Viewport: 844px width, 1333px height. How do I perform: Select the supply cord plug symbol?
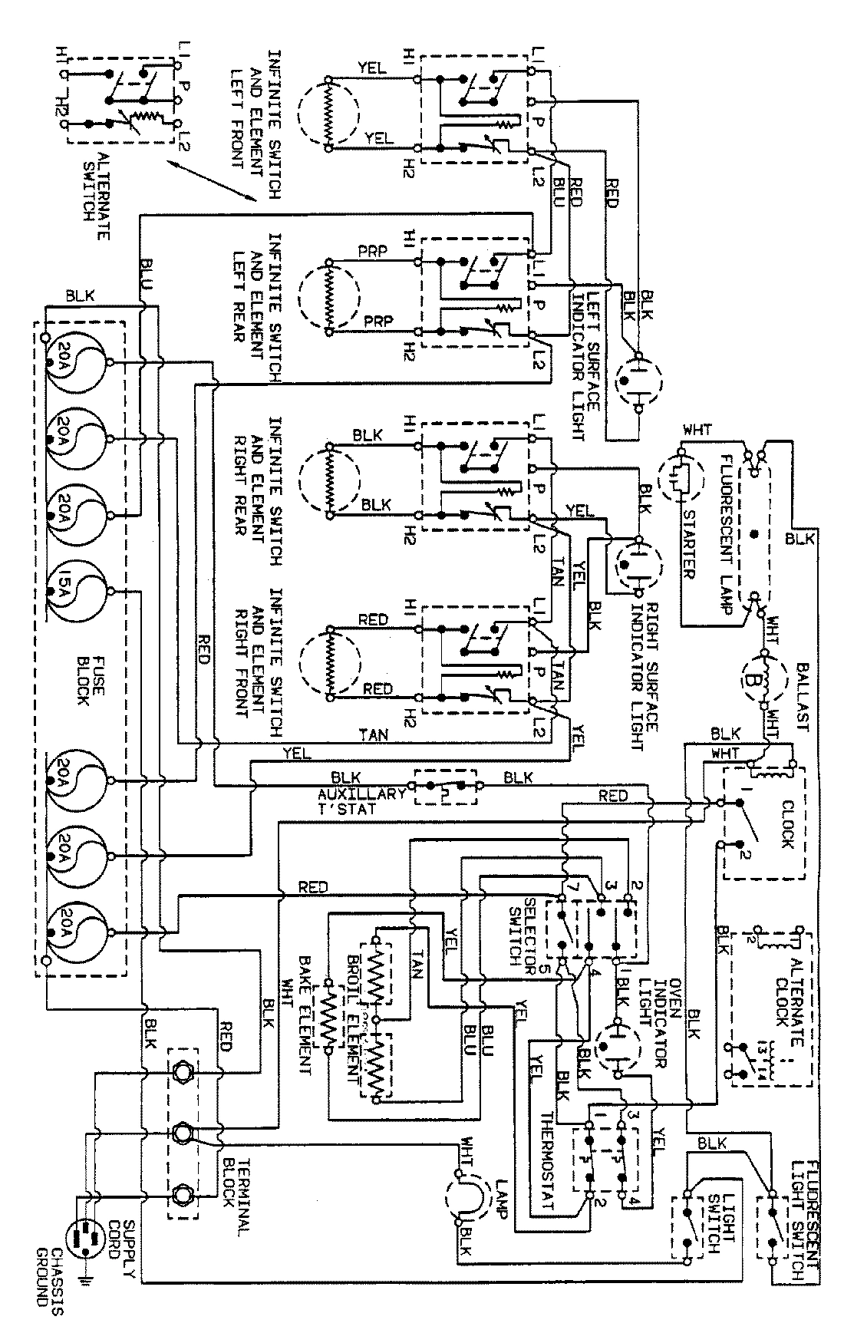coord(82,1236)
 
